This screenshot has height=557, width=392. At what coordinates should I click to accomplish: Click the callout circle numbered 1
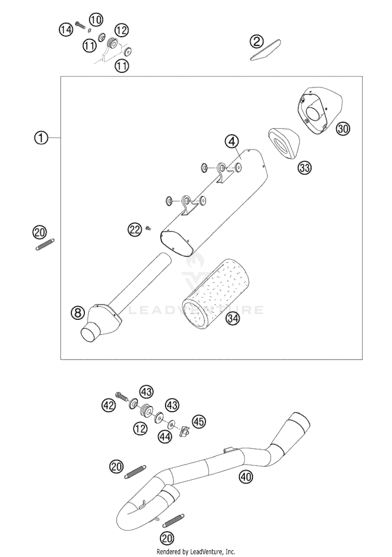(x=41, y=138)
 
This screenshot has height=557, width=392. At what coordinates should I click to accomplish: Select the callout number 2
(x=257, y=42)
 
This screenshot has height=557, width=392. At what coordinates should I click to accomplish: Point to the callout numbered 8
(x=78, y=313)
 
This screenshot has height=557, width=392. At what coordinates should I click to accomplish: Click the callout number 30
(x=343, y=129)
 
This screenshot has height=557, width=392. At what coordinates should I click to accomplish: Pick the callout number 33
(x=305, y=168)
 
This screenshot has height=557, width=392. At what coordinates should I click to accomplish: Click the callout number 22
(x=135, y=230)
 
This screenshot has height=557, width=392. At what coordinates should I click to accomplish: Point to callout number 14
(x=66, y=30)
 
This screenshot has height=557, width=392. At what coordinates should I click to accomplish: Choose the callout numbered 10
(x=96, y=20)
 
